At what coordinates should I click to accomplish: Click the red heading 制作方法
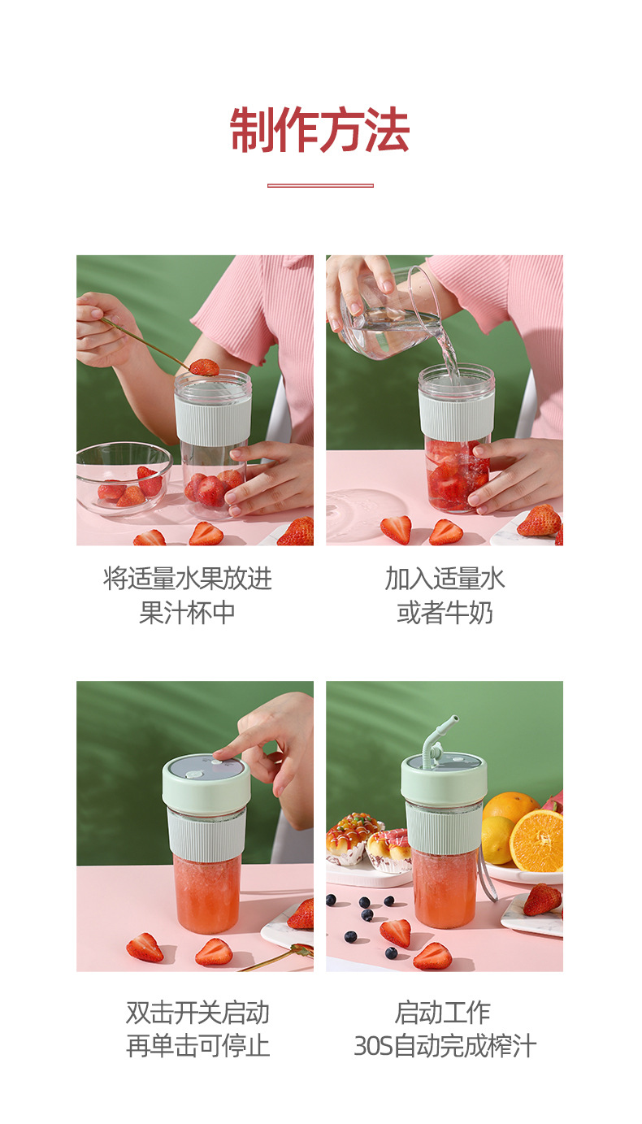[x=320, y=130]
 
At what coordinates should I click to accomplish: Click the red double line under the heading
[x=320, y=185]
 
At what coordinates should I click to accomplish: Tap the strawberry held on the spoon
[x=204, y=367]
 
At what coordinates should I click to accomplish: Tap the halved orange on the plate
[x=536, y=840]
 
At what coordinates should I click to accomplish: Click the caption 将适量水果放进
[x=188, y=579]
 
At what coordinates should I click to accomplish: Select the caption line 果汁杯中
[x=188, y=613]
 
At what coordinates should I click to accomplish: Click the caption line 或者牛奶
[x=445, y=613]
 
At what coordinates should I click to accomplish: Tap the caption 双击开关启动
[x=197, y=1013]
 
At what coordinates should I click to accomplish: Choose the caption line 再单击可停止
[x=197, y=1046]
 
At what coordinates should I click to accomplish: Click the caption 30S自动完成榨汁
[x=445, y=1046]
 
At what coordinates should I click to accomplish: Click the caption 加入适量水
[x=445, y=579]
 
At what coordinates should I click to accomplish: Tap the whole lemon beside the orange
[x=497, y=838]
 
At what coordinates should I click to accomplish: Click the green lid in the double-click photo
[x=206, y=780]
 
